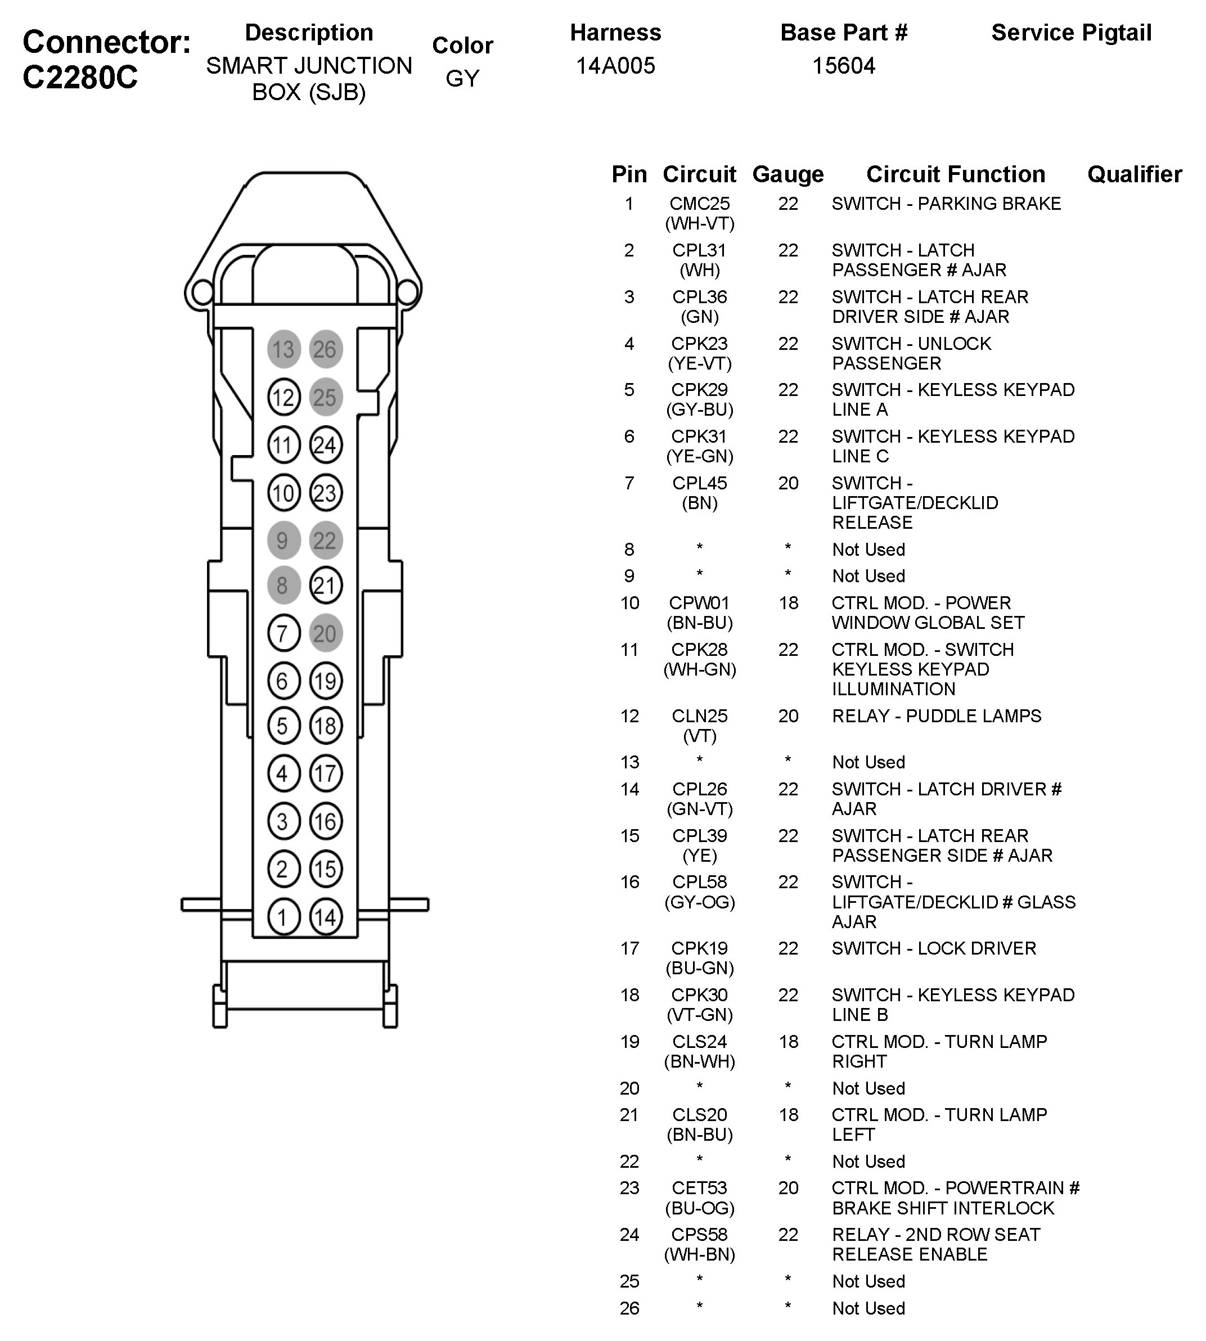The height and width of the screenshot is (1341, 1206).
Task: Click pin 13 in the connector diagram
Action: click(x=283, y=349)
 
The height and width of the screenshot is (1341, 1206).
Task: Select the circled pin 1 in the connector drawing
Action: click(x=283, y=917)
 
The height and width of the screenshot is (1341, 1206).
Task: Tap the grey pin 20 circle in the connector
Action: click(x=325, y=633)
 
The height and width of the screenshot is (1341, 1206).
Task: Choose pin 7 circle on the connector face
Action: click(x=283, y=633)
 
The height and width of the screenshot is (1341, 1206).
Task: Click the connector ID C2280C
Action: click(x=80, y=78)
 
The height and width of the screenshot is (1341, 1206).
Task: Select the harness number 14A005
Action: click(x=615, y=66)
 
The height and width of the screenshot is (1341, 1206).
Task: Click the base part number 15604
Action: click(x=844, y=66)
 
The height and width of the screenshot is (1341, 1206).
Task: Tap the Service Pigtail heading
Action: click(x=1071, y=33)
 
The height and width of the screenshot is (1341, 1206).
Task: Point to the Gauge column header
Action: click(x=788, y=174)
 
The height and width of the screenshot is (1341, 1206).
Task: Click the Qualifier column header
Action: click(x=1135, y=174)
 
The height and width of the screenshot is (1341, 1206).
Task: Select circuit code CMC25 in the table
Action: click(x=700, y=204)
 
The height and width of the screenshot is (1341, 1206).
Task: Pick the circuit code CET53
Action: click(x=700, y=1188)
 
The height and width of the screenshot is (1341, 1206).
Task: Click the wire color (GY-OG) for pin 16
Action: click(x=700, y=902)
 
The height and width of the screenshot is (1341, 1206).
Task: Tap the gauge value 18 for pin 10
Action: click(x=788, y=603)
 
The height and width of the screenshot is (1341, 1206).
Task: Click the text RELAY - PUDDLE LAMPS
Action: click(x=937, y=715)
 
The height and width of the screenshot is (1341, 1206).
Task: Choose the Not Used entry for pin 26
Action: click(x=868, y=1308)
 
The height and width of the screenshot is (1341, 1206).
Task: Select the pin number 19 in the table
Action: click(x=629, y=1042)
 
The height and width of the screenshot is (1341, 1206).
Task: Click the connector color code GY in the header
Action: click(x=462, y=78)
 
